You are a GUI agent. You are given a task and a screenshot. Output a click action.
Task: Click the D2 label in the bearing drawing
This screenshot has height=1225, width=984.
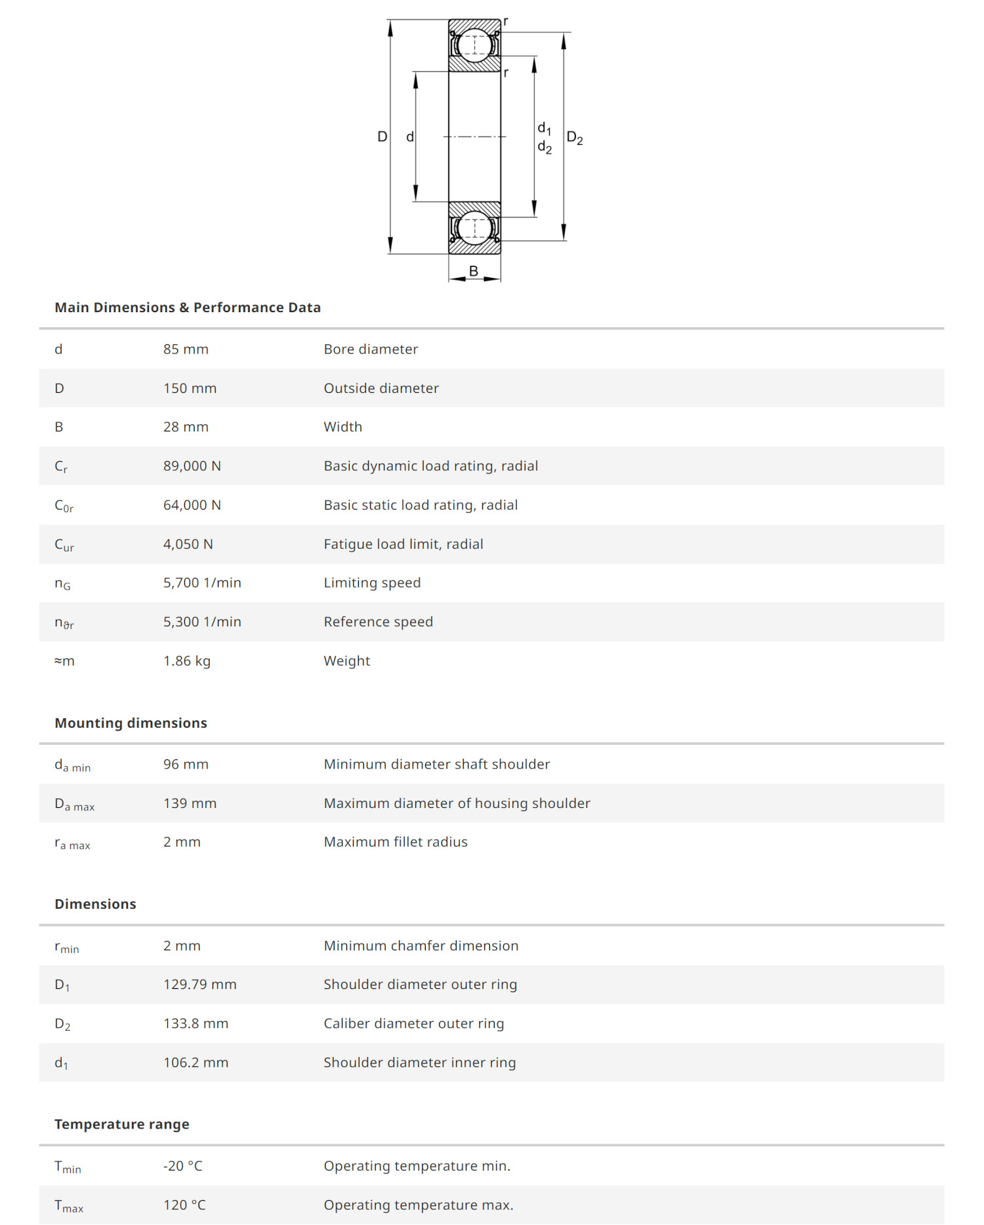tap(575, 138)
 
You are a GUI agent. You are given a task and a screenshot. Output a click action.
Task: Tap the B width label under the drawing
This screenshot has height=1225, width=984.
tap(474, 271)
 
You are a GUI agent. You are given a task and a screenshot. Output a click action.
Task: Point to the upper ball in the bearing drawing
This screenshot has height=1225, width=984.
tap(474, 45)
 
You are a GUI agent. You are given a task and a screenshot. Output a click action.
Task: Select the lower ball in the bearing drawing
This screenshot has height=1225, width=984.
tap(474, 228)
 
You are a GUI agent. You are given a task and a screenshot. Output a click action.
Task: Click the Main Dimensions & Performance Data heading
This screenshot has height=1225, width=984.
tap(188, 308)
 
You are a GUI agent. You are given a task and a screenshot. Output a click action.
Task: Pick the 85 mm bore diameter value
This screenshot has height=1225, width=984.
tap(186, 350)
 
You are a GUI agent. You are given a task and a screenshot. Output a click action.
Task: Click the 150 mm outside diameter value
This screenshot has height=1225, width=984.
tap(190, 388)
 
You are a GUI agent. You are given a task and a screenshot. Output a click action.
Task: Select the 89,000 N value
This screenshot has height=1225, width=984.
tap(192, 466)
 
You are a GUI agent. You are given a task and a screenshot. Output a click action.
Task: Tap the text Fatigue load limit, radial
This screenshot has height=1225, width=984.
tap(403, 544)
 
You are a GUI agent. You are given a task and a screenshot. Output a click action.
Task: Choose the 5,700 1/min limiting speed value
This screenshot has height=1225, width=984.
tap(202, 583)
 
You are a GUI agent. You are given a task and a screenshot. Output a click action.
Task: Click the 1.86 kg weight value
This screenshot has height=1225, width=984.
tap(186, 661)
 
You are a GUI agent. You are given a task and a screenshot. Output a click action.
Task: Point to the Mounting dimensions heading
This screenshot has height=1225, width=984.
tap(131, 723)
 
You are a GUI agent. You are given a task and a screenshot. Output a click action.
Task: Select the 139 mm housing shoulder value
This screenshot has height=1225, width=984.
tap(190, 803)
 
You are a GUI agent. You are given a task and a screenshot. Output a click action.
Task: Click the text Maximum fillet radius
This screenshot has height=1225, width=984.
tap(396, 842)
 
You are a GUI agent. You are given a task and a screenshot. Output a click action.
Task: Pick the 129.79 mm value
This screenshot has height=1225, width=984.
tap(199, 984)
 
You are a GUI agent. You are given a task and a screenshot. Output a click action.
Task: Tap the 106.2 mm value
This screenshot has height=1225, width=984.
tap(195, 1062)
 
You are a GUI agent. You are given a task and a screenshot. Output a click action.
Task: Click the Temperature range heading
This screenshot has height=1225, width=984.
tap(122, 1125)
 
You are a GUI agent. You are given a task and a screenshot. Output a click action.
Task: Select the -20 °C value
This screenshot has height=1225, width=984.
tap(182, 1166)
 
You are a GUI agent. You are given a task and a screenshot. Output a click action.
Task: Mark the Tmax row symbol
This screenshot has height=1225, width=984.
tap(69, 1206)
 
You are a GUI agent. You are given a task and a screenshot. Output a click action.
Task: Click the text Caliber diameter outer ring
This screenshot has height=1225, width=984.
tap(413, 1024)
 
